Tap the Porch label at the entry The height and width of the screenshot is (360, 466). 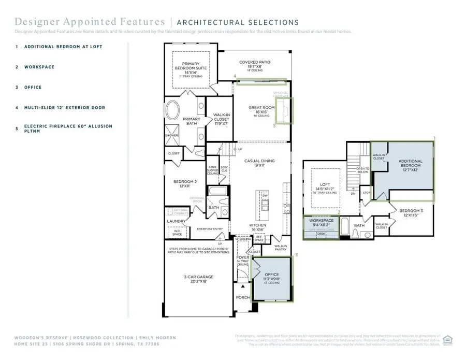[242, 297]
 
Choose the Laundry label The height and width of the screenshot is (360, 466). [176, 221]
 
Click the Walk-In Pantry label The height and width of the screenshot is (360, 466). [281, 248]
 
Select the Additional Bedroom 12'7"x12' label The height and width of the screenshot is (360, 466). [410, 164]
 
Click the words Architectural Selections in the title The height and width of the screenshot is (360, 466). [238, 22]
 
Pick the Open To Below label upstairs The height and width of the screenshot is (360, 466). [363, 171]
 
